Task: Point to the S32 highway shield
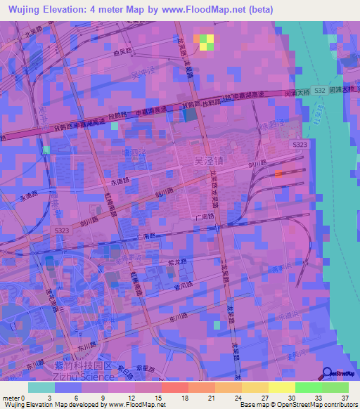[x=320, y=91]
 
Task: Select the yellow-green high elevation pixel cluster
[x=205, y=41]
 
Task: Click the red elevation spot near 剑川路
[x=280, y=173]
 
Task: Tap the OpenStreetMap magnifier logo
[x=328, y=373]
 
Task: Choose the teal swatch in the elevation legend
[x=41, y=387]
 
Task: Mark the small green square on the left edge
[x=46, y=150]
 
